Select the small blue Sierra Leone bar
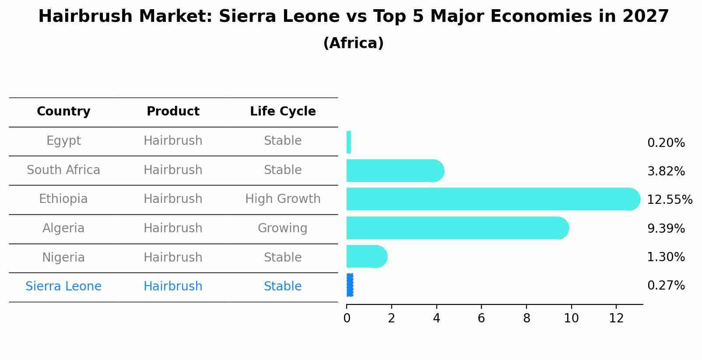click(x=350, y=285)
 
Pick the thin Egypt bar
click(x=349, y=142)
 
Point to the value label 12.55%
click(x=670, y=200)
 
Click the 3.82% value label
click(x=666, y=171)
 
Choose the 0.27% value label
click(x=666, y=286)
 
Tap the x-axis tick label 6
click(x=481, y=318)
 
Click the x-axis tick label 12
click(x=616, y=318)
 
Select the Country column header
click(x=63, y=112)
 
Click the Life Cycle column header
click(x=283, y=112)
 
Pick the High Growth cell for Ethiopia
click(x=283, y=199)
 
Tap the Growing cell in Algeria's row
click(x=283, y=228)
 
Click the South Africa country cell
click(x=63, y=170)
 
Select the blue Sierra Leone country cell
click(x=63, y=287)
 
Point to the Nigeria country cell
click(x=63, y=257)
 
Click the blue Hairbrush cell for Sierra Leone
click(x=173, y=287)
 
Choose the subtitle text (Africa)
click(x=353, y=43)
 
